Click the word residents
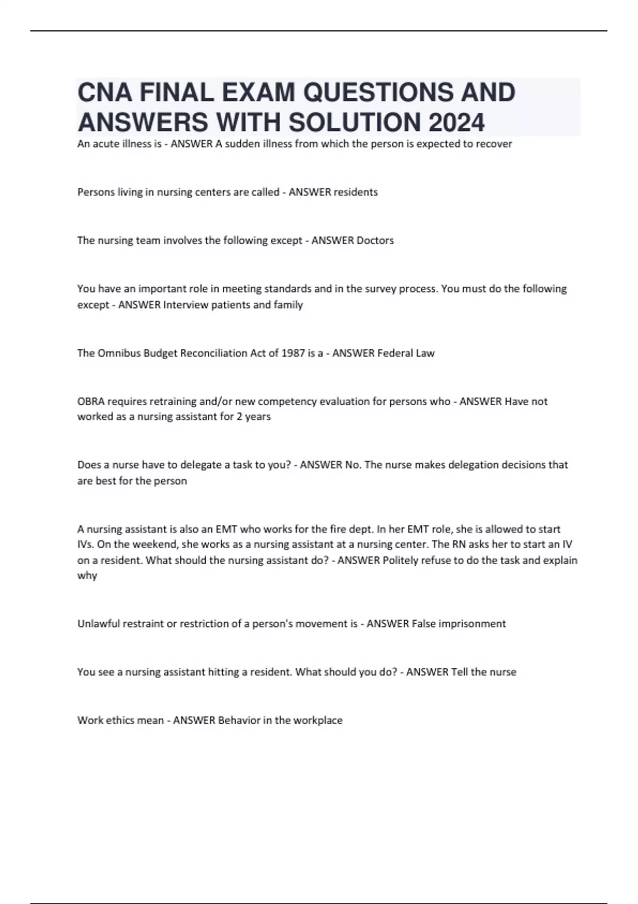(x=355, y=192)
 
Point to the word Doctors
(x=375, y=240)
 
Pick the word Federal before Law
(x=395, y=353)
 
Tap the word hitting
(x=219, y=672)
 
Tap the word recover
(x=494, y=144)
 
